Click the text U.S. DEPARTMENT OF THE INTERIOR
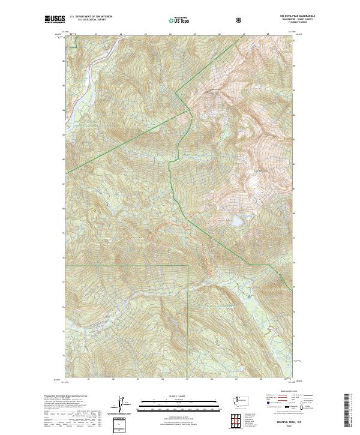click(x=91, y=17)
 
